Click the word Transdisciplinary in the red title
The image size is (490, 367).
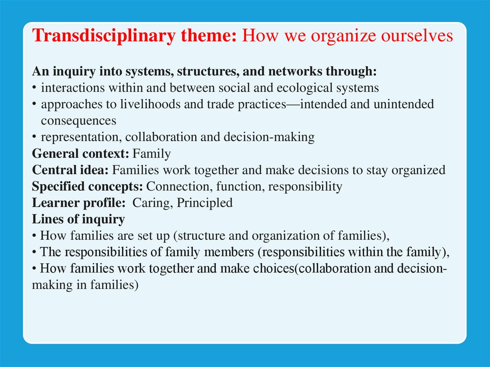click(104, 35)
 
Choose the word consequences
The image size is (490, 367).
click(78, 121)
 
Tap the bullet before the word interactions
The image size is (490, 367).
click(34, 88)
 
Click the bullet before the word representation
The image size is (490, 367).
click(34, 137)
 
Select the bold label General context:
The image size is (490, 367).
click(80, 154)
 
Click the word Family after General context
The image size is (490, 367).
click(152, 154)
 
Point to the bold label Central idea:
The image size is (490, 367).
click(70, 170)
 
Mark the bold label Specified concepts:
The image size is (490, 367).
click(88, 186)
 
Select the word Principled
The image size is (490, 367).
click(205, 203)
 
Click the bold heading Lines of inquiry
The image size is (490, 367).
click(78, 219)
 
